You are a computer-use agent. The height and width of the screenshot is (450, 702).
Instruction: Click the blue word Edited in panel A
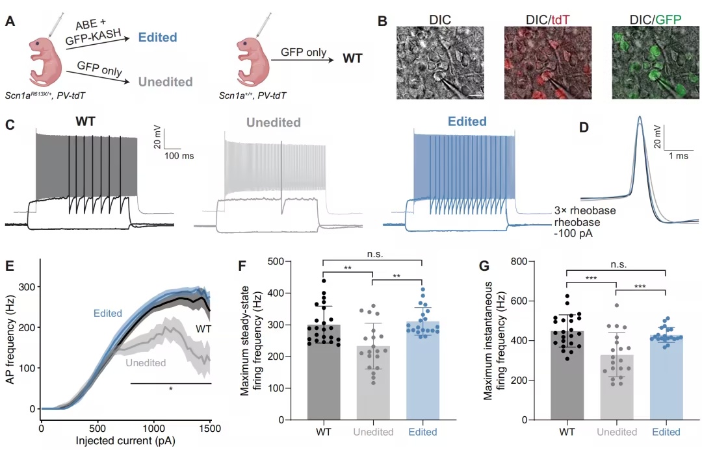157,37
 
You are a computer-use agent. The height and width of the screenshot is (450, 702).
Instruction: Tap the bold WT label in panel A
352,58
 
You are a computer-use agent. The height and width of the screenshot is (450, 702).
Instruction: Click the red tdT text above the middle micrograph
560,19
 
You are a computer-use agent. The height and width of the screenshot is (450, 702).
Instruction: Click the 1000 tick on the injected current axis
153,428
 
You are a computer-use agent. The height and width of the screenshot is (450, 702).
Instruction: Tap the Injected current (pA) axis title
125,441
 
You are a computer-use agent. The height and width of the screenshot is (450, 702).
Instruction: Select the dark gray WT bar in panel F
324,372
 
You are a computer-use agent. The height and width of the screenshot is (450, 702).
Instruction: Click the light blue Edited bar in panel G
666,378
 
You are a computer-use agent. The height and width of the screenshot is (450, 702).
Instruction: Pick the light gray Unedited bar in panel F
373,383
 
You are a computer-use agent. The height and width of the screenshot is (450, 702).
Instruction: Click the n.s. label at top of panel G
618,264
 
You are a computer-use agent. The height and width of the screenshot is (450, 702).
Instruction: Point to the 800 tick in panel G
519,261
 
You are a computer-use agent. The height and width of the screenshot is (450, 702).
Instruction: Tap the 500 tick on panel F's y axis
276,261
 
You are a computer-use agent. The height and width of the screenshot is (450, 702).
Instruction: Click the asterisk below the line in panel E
170,389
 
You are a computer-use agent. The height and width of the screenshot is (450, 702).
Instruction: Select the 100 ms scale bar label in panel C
179,156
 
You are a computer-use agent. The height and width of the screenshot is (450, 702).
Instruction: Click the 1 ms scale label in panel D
679,156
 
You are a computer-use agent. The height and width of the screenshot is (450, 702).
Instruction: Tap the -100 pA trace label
573,234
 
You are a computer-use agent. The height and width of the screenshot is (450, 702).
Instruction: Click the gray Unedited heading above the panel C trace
274,123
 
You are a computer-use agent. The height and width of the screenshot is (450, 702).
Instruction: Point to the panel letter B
382,21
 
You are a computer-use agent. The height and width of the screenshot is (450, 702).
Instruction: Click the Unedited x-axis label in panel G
617,432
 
